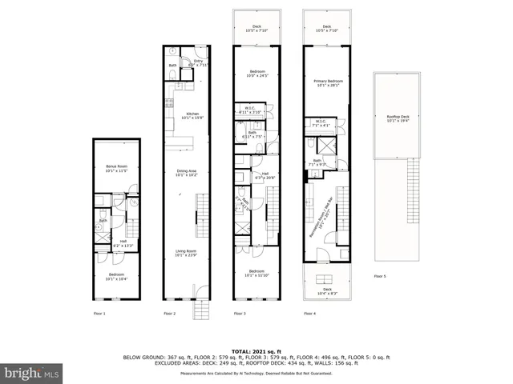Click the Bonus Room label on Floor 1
click(117, 169)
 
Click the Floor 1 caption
click(99, 313)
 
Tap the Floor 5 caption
click(379, 276)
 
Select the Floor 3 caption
click(239, 313)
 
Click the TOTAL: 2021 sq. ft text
click(256, 351)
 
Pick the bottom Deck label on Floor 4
click(326, 292)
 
